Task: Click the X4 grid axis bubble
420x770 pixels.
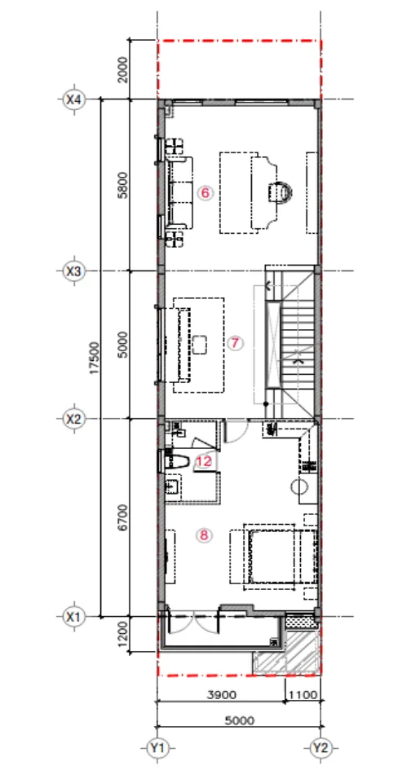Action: tap(74, 99)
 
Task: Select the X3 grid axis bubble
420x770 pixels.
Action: tap(73, 271)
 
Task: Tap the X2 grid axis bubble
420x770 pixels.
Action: tap(73, 420)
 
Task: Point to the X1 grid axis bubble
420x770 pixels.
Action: tap(73, 616)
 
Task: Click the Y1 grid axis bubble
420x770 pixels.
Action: tap(157, 748)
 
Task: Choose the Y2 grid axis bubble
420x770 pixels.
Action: tap(321, 748)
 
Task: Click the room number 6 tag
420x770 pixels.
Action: tap(205, 193)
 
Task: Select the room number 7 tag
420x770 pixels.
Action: tap(236, 343)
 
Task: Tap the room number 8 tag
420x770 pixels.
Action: tap(204, 535)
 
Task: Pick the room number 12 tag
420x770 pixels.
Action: tap(205, 461)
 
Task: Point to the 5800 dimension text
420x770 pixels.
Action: tap(123, 185)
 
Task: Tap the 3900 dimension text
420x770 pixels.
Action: tap(222, 695)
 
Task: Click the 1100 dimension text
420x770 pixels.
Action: tap(304, 695)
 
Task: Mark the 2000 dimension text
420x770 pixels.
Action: tap(123, 70)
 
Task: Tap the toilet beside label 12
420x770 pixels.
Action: tap(177, 462)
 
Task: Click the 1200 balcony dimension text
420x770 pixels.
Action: tap(123, 633)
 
